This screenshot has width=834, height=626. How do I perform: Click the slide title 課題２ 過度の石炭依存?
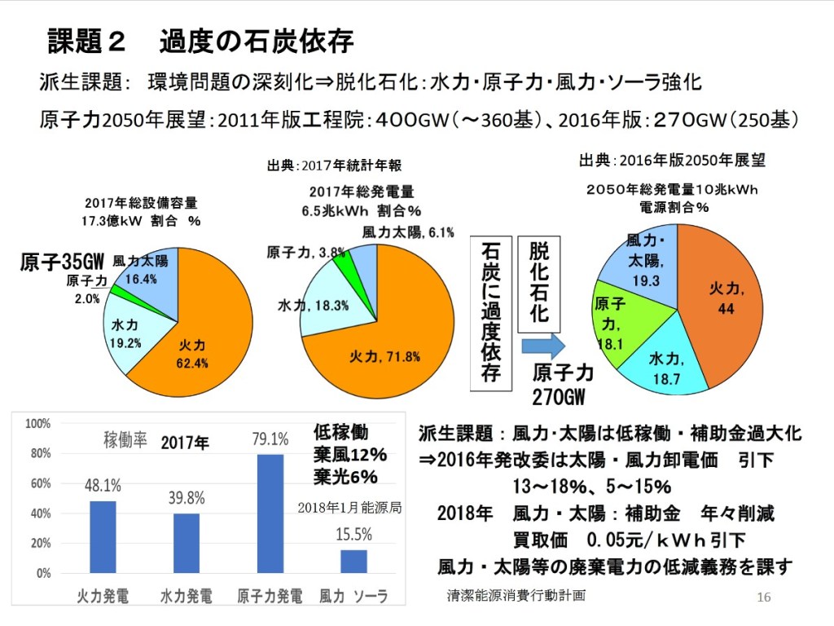[x=200, y=41]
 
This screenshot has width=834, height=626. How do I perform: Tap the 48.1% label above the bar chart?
[x=103, y=486]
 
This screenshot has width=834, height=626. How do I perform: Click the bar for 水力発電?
[x=187, y=543]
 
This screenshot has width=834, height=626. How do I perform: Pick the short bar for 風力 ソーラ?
[x=353, y=561]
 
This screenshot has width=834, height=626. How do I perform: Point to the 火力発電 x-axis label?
[x=103, y=595]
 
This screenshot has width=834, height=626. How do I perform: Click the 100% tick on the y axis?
[x=38, y=424]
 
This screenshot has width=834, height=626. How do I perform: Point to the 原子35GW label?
[x=63, y=262]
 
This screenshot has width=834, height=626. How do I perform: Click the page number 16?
[x=763, y=597]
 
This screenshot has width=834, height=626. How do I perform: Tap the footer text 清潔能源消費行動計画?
[x=516, y=595]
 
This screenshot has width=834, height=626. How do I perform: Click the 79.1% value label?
[x=270, y=439]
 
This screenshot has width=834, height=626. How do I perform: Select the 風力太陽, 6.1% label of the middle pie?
[x=408, y=232]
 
